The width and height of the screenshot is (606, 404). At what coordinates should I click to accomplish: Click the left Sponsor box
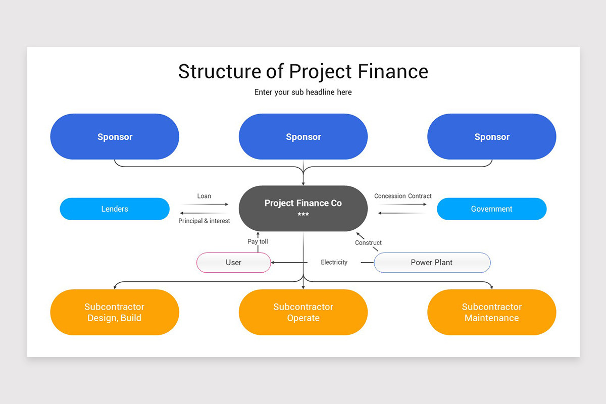pyautogui.click(x=115, y=137)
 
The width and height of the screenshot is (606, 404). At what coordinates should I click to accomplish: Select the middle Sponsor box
pyautogui.click(x=303, y=137)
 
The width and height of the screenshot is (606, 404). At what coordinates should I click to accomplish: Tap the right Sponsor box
pyautogui.click(x=492, y=137)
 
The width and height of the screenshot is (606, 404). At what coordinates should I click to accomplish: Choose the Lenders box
pyautogui.click(x=115, y=209)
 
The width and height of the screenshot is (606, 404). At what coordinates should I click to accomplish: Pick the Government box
pyautogui.click(x=491, y=209)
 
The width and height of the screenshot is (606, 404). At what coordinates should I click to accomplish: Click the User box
pyautogui.click(x=233, y=263)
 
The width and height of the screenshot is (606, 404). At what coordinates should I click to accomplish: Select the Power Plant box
pyautogui.click(x=432, y=263)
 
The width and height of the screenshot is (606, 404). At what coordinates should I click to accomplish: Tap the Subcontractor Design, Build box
pyautogui.click(x=115, y=312)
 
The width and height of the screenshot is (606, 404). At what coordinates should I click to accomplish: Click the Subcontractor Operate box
pyautogui.click(x=303, y=312)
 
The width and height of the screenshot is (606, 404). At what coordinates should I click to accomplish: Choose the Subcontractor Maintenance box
pyautogui.click(x=492, y=312)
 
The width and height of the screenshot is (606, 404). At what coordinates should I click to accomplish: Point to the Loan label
pyautogui.click(x=204, y=196)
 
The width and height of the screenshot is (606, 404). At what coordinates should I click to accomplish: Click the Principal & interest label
pyautogui.click(x=204, y=221)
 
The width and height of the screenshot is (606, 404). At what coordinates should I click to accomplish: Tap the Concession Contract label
pyautogui.click(x=403, y=196)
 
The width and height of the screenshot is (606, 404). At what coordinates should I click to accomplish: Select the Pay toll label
pyautogui.click(x=258, y=241)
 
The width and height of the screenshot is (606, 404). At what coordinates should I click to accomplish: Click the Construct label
pyautogui.click(x=368, y=242)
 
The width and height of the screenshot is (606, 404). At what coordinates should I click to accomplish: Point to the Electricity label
pyautogui.click(x=334, y=262)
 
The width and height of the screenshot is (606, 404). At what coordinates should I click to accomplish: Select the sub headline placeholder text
pyautogui.click(x=303, y=92)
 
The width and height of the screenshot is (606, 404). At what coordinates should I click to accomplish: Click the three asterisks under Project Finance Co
pyautogui.click(x=303, y=215)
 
